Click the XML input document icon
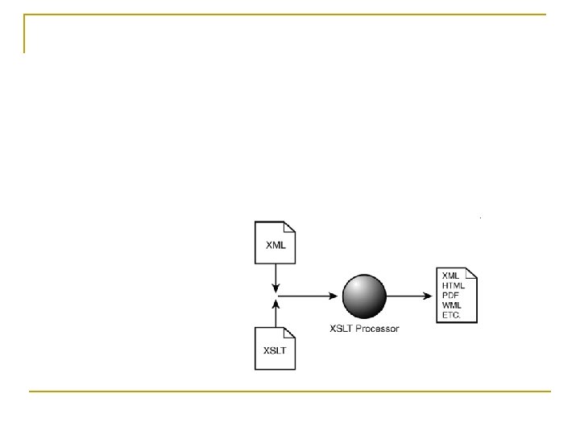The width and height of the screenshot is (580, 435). (275, 242)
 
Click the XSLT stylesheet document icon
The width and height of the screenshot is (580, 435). (275, 349)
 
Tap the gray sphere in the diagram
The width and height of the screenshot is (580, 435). (367, 296)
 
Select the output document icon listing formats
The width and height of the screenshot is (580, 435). (457, 296)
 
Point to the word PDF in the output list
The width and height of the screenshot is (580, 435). (450, 296)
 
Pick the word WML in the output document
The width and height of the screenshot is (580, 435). (451, 305)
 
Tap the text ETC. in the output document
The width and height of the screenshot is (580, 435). (452, 316)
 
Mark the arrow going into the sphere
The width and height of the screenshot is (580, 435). (310, 296)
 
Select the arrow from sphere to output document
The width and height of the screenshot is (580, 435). (412, 296)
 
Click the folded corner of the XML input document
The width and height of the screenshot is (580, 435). (291, 226)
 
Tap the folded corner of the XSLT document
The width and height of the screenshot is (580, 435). (291, 332)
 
